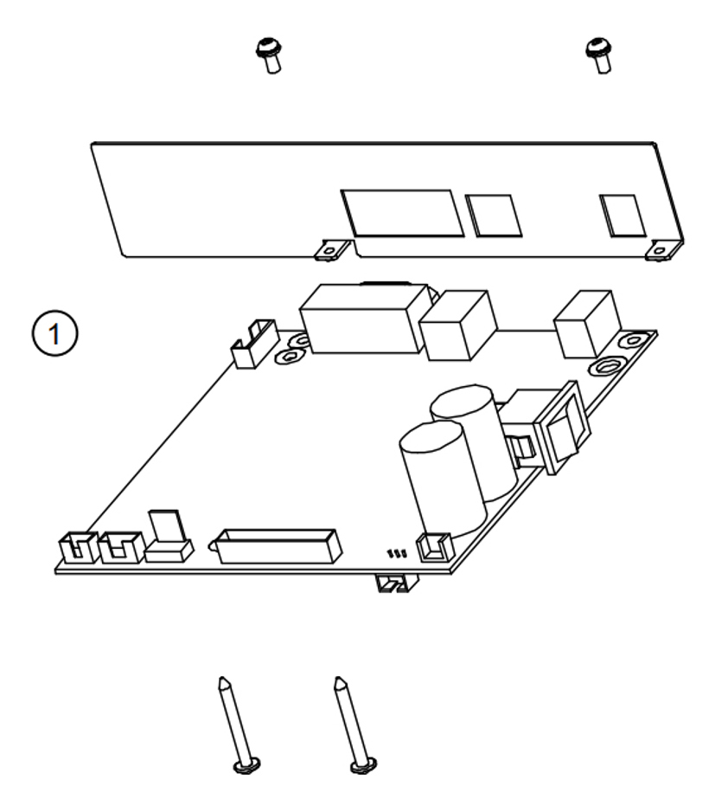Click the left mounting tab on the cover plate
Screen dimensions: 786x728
pyautogui.click(x=330, y=249)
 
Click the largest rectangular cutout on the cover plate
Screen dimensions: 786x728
pyautogui.click(x=402, y=212)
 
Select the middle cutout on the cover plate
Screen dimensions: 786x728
pyautogui.click(x=493, y=215)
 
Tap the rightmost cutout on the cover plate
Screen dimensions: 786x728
pyautogui.click(x=623, y=216)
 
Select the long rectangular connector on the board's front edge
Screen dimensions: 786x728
pyautogui.click(x=278, y=545)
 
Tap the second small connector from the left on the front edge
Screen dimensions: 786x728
pyautogui.click(x=120, y=547)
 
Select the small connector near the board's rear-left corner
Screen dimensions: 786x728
pyautogui.click(x=253, y=344)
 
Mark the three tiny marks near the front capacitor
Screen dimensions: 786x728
pyautogui.click(x=398, y=551)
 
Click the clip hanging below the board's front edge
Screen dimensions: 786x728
pyautogui.click(x=395, y=584)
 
